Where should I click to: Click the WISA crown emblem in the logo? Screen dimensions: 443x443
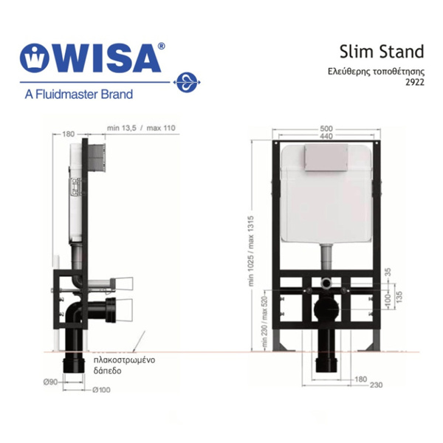point(34,58)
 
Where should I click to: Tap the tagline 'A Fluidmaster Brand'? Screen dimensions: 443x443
point(78,94)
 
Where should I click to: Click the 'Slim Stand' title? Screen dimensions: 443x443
point(382,52)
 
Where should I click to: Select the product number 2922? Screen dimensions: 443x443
point(415,82)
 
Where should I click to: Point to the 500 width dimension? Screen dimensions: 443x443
point(326,128)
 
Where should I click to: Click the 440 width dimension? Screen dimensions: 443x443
point(326,136)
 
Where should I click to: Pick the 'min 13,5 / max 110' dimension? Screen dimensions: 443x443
point(141,128)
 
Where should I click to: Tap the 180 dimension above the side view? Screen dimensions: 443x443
point(68,134)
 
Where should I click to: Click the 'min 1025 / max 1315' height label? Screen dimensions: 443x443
point(252,251)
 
